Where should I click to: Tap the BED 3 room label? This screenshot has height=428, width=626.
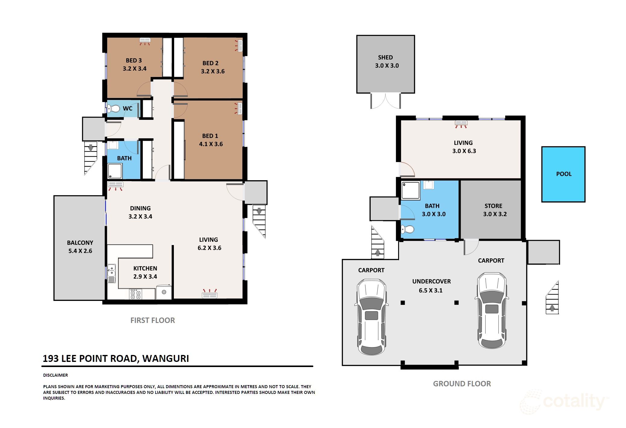[134, 61]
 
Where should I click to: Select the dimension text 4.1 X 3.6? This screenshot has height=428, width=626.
[211, 144]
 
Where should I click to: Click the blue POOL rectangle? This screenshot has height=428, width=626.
[563, 174]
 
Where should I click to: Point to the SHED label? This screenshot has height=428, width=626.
[385, 57]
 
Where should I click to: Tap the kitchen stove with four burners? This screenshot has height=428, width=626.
[135, 294]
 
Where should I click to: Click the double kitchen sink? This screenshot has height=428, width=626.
[111, 273]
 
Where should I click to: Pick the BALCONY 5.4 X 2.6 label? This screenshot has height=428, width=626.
[80, 247]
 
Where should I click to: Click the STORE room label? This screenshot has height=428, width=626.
[493, 206]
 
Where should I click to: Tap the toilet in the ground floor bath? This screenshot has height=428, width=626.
[407, 229]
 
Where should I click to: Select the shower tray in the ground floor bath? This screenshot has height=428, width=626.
[410, 190]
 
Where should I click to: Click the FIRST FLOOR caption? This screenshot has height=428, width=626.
[152, 320]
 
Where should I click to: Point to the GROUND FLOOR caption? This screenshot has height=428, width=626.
[462, 384]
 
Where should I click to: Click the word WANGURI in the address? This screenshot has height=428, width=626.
[165, 359]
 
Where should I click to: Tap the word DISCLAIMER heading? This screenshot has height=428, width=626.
[56, 375]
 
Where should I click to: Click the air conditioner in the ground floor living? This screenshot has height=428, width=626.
[461, 123]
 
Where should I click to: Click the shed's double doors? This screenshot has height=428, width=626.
[385, 101]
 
